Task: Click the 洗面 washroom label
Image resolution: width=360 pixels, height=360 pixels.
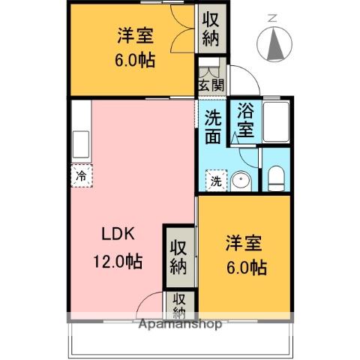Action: (x=214, y=127)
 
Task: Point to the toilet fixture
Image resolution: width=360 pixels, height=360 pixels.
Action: (x=275, y=179)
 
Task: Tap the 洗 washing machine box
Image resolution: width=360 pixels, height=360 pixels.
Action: (x=215, y=181)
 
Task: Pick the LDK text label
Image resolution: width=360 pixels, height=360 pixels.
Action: (x=118, y=233)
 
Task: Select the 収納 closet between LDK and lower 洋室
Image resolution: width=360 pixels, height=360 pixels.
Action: (x=178, y=256)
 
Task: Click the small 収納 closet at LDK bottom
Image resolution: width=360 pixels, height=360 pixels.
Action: (x=180, y=304)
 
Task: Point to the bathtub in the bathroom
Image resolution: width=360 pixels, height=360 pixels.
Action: (x=275, y=122)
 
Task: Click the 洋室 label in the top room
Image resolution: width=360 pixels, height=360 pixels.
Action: (x=135, y=34)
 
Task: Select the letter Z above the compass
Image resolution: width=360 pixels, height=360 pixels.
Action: (x=272, y=17)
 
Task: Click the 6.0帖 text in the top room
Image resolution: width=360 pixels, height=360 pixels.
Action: (x=136, y=61)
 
